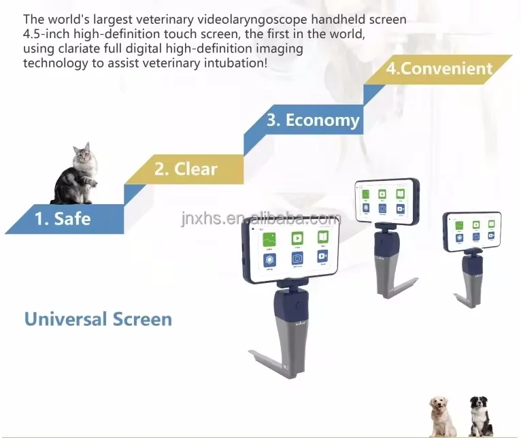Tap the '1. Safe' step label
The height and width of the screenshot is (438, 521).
(63, 218)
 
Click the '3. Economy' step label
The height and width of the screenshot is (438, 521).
(312, 120)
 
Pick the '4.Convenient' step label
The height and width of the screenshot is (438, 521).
(439, 69)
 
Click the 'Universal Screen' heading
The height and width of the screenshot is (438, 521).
(98, 318)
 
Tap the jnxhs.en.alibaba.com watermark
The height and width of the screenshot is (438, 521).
(260, 219)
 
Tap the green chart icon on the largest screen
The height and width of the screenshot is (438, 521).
(271, 238)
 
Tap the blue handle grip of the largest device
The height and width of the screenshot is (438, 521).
(292, 305)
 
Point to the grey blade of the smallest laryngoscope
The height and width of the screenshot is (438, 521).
(469, 289)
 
